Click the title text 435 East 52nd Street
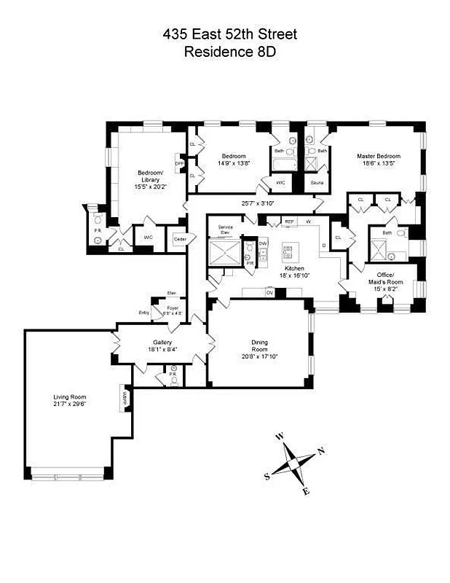230,34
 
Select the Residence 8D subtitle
230,52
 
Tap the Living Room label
70,397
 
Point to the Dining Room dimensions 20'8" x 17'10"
259,356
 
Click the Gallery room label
162,342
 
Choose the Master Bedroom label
378,156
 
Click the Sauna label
317,183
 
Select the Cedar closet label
178,238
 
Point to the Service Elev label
225,230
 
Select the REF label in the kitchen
288,221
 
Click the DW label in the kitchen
263,243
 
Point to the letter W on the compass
279,437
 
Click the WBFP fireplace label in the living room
125,398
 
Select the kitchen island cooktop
288,253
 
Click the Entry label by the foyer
143,313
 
